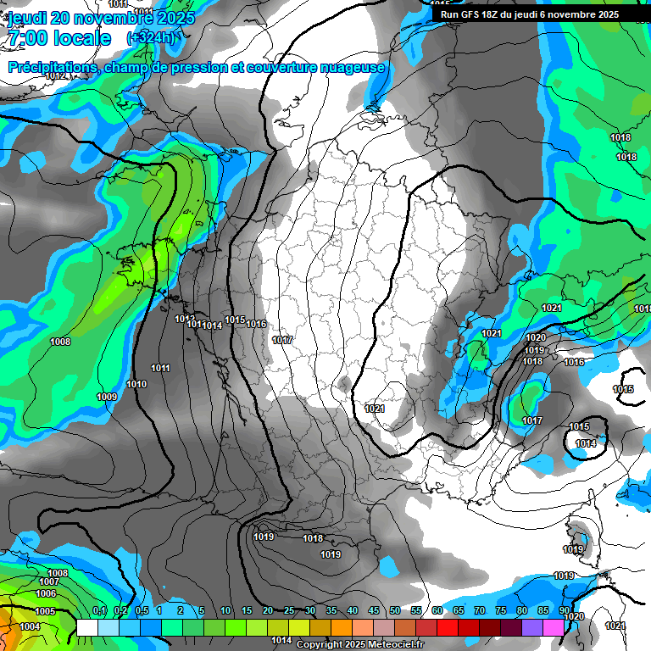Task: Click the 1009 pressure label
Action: tap(107, 397)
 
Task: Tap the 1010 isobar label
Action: tap(136, 384)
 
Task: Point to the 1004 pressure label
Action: tap(29, 626)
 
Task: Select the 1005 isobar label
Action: tap(45, 611)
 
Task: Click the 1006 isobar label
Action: tap(46, 593)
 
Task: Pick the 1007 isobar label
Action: tap(49, 582)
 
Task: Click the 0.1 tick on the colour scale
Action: tap(99, 610)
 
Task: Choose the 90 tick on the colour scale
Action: tap(565, 610)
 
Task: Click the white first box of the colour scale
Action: tap(87, 627)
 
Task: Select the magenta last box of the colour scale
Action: tap(554, 627)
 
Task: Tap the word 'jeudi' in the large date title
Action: tap(27, 18)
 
